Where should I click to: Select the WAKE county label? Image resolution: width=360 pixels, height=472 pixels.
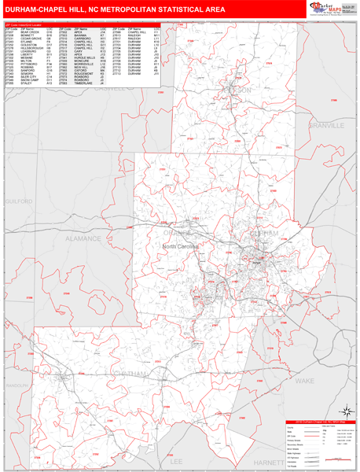click(325, 379)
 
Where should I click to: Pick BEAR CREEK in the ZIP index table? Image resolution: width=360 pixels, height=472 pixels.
click(28, 32)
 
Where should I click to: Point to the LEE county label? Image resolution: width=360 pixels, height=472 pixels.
click(175, 461)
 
